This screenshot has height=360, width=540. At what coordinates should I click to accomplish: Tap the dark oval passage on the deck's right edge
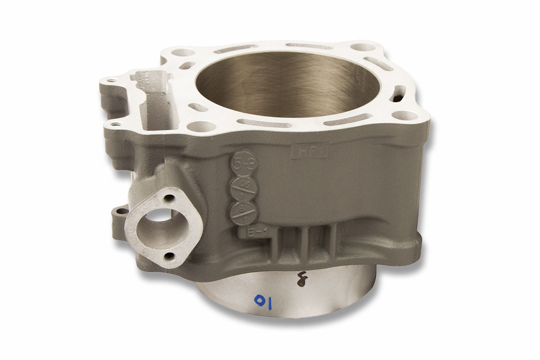(x=400, y=92)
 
